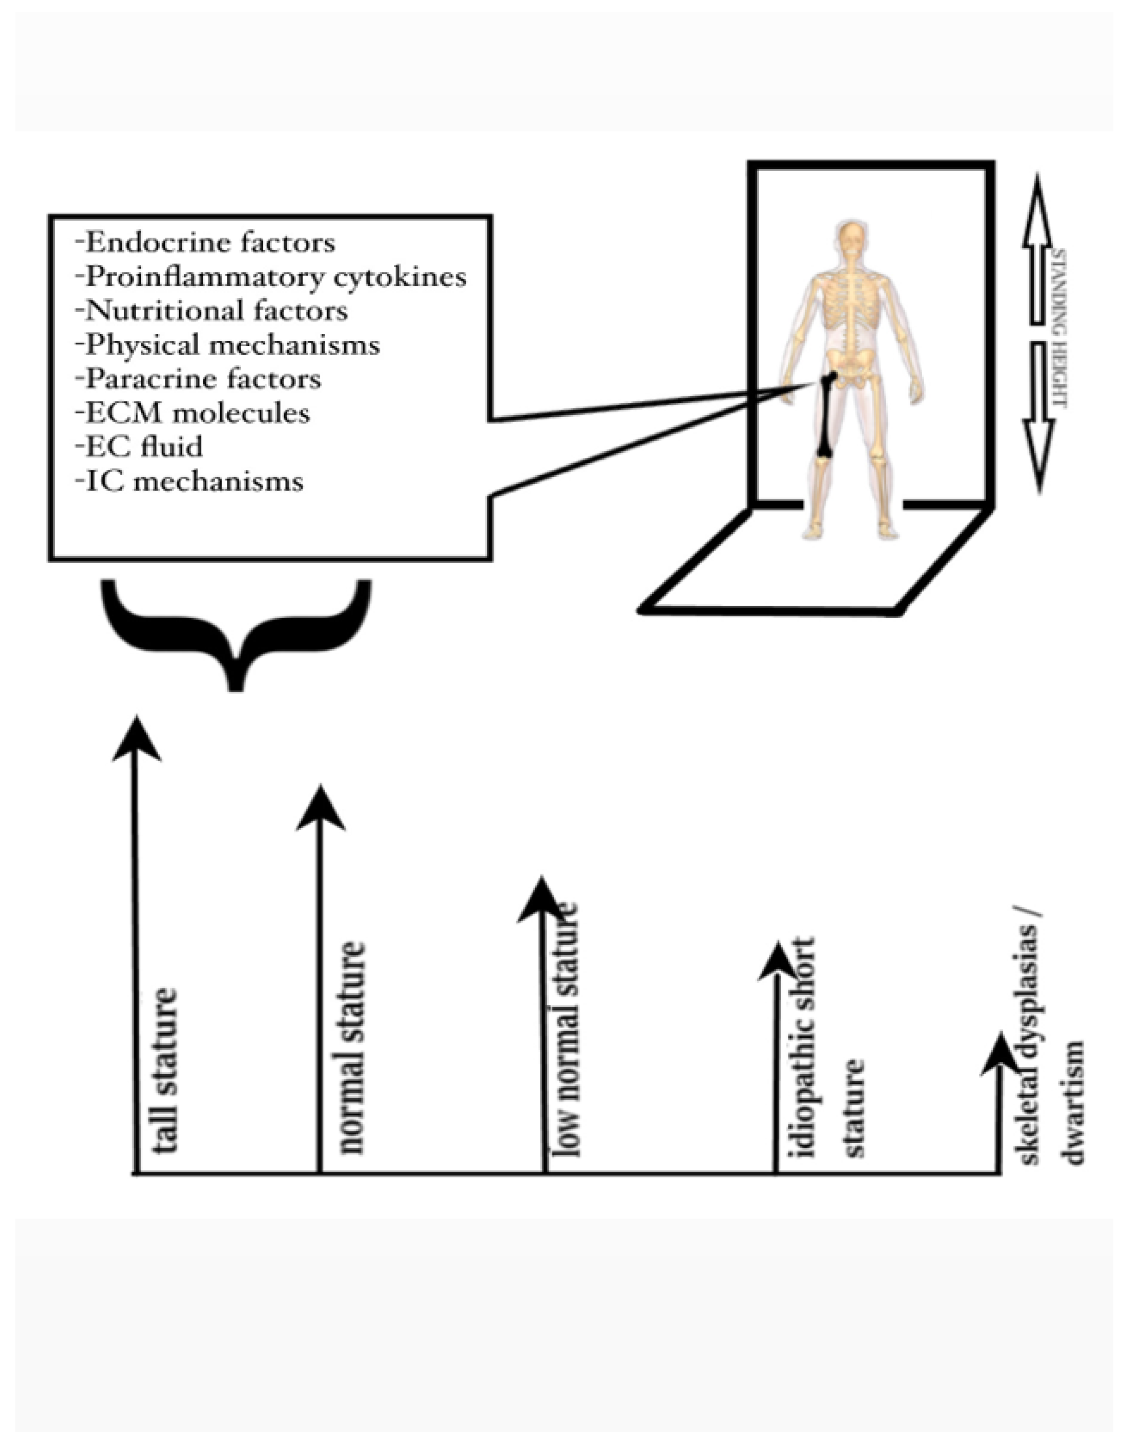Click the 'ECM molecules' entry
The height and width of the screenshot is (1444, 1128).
(x=194, y=413)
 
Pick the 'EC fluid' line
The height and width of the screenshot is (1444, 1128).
(x=140, y=447)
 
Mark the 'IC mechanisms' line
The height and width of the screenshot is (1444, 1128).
(x=190, y=481)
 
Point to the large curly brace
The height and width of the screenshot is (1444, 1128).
(x=236, y=628)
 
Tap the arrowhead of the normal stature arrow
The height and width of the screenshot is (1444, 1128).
(x=320, y=810)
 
